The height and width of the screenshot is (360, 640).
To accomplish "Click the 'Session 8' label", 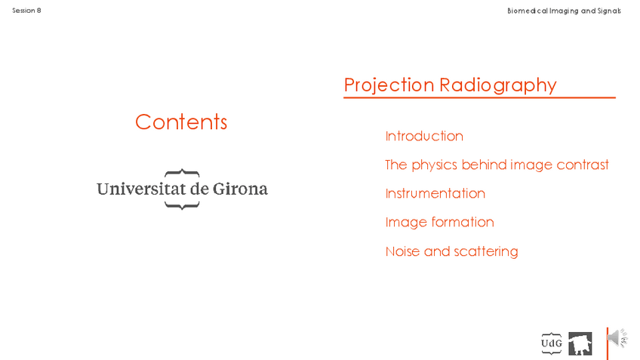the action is (26, 11).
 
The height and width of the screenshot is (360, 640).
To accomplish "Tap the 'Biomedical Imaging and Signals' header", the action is (564, 11).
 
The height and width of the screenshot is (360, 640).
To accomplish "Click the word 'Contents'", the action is (181, 122).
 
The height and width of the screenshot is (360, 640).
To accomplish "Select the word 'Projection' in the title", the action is (389, 85).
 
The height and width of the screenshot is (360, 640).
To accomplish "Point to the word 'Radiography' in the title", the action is (498, 85).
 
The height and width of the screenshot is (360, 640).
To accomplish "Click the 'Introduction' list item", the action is (424, 136).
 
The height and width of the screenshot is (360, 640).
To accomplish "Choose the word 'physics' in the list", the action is (434, 165).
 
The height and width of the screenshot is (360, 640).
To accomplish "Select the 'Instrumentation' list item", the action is (435, 193).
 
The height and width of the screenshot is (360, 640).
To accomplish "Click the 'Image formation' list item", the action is (439, 223).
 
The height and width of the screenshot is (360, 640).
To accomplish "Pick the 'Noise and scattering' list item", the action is (451, 251).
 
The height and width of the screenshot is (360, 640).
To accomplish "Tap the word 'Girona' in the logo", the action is (240, 189).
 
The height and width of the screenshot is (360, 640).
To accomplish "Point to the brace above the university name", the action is (182, 172).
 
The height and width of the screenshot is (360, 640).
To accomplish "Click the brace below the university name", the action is (182, 205).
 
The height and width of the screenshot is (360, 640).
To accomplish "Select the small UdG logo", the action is (552, 343).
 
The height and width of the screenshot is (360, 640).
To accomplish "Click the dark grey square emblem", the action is (580, 343).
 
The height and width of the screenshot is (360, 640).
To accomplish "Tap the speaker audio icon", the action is (617, 338).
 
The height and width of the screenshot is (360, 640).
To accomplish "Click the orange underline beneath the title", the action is (479, 97).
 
